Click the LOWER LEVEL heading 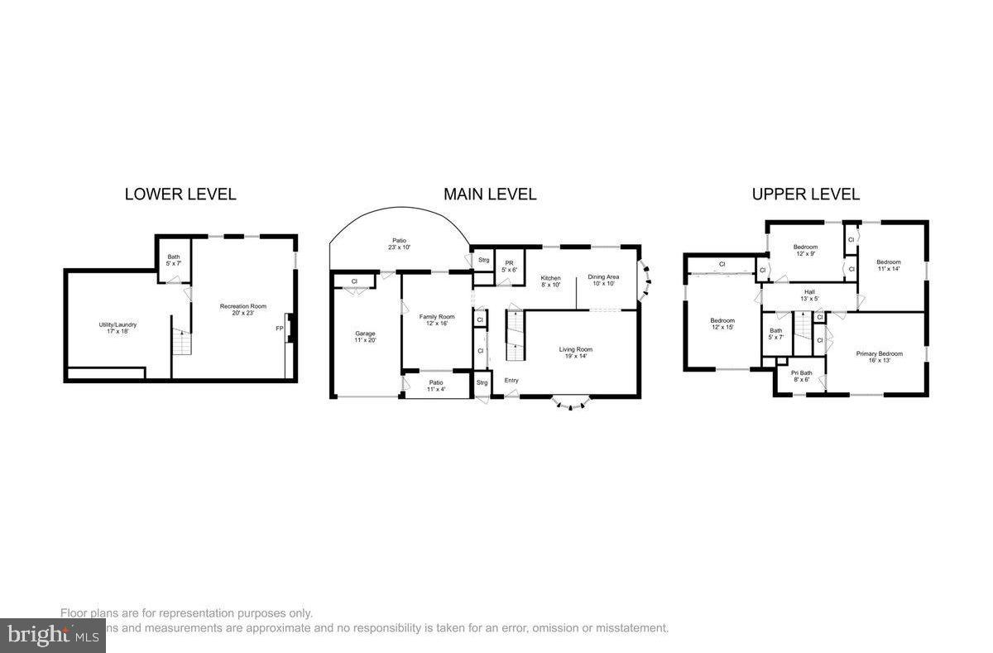click(180, 194)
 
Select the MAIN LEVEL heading click(490, 194)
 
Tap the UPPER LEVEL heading click(805, 194)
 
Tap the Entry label click(511, 381)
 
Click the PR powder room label click(509, 266)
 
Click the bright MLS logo click(51, 636)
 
